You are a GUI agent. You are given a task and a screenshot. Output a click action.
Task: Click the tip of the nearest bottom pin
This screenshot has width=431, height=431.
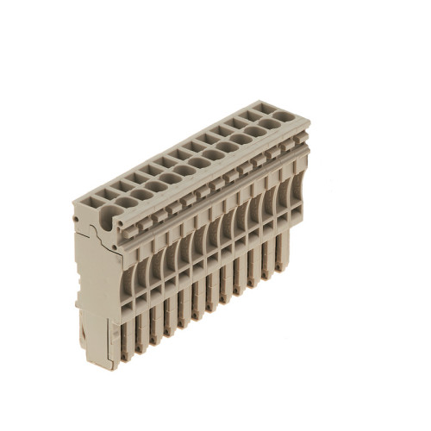(x=126, y=355)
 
